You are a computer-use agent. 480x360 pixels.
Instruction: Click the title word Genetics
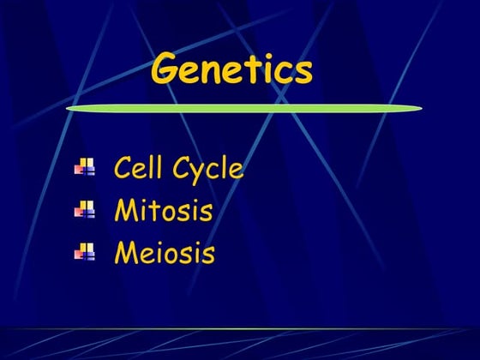[231, 70]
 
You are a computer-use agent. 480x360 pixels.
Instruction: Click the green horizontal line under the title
[244, 109]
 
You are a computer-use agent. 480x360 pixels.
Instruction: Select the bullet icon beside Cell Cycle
[85, 167]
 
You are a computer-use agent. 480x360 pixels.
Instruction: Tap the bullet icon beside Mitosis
[85, 209]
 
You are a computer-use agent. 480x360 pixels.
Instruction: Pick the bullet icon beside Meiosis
[85, 251]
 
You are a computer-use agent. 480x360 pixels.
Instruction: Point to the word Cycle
[207, 169]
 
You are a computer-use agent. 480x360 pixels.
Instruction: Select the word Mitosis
[164, 210]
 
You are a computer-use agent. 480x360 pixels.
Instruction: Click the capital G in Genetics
[167, 70]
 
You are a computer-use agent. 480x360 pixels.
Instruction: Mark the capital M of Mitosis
[126, 210]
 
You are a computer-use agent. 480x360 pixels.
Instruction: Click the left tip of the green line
[69, 109]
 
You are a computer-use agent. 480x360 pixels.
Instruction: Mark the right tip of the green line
[422, 108]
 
